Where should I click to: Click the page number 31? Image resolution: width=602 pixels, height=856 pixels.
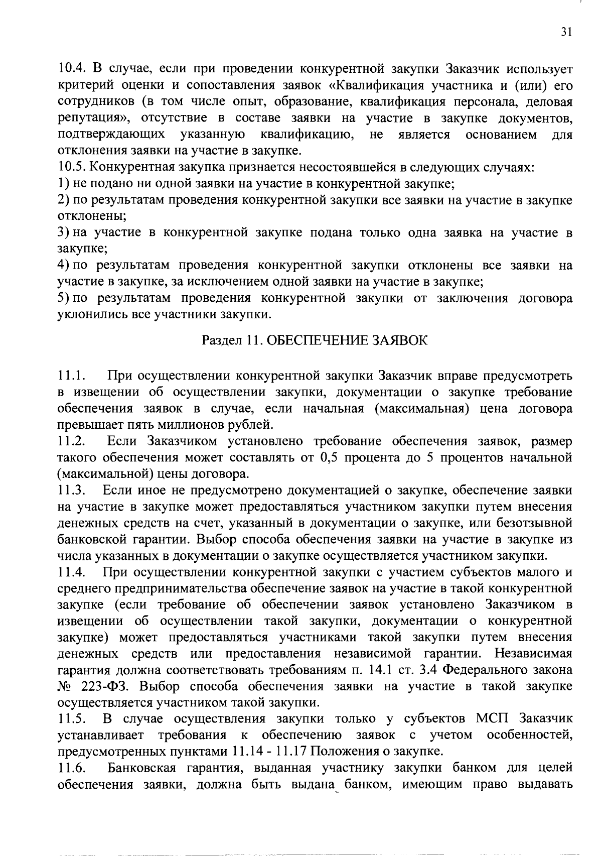pyautogui.click(x=566, y=33)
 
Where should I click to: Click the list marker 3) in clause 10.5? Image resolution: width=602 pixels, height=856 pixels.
pyautogui.click(x=63, y=232)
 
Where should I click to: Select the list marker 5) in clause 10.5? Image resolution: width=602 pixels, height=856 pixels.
pyautogui.click(x=63, y=298)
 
